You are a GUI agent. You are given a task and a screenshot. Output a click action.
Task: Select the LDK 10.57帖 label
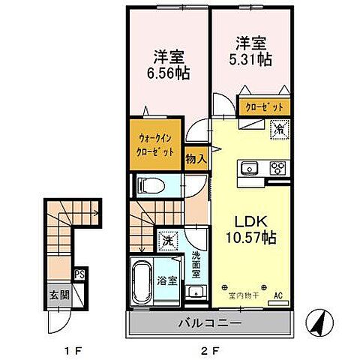click(252, 231)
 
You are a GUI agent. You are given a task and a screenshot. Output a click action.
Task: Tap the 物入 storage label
click(196, 159)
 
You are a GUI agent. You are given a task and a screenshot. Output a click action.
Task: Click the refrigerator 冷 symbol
click(277, 129)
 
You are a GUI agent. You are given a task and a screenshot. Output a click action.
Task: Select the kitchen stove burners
click(277, 167)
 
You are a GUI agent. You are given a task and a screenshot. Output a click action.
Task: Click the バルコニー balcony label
click(208, 325)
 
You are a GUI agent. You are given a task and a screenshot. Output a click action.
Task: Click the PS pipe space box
click(79, 274)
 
